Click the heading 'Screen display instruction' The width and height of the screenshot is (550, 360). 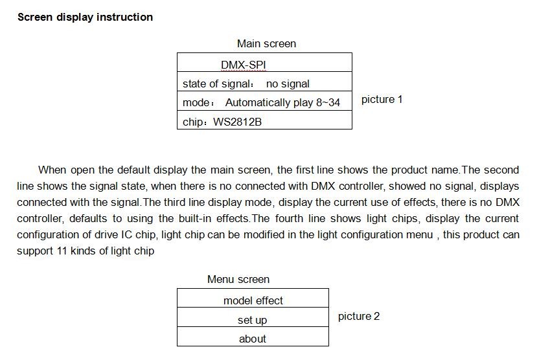(86, 17)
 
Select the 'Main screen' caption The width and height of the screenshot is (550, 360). (267, 44)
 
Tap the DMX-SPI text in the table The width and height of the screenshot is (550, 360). (244, 65)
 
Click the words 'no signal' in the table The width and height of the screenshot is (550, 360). (288, 84)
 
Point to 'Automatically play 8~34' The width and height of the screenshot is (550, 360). (282, 103)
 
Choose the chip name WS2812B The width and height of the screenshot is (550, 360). (238, 122)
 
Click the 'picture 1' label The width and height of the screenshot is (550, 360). (382, 100)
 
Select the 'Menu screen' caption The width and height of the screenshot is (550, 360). (238, 279)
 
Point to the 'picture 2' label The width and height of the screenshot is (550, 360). (359, 317)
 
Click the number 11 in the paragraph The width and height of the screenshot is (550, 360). (62, 251)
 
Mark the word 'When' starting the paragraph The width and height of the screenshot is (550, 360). (52, 170)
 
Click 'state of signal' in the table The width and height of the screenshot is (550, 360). (216, 84)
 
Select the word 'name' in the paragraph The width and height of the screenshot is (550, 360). (445, 170)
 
